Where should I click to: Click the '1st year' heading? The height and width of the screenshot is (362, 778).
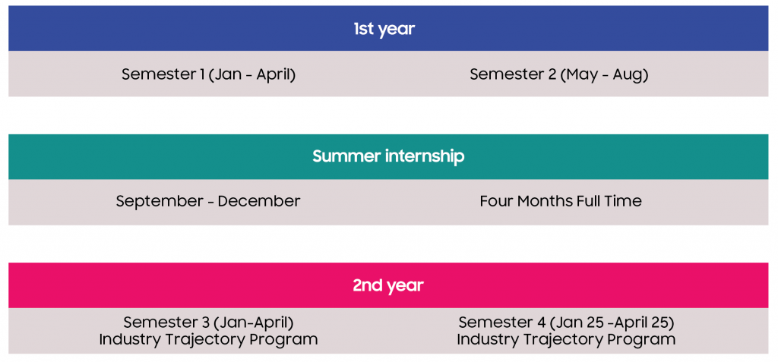tap(384, 30)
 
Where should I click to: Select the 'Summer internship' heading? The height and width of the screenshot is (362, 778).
tap(388, 156)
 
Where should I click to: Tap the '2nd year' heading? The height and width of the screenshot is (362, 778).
tap(388, 285)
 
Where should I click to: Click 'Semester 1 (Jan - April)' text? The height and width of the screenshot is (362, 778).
tap(208, 74)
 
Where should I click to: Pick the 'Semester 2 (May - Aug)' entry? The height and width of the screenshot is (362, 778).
tap(559, 74)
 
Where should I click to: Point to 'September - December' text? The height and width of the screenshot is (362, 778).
tap(208, 201)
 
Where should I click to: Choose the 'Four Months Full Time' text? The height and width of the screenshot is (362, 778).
tap(561, 201)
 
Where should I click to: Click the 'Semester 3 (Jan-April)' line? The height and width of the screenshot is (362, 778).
tap(208, 323)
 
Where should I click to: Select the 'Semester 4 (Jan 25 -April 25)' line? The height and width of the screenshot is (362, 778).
tap(566, 323)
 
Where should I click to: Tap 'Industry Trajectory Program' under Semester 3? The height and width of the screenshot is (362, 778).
tap(208, 340)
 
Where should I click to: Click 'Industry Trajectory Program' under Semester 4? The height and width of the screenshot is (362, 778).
tap(566, 340)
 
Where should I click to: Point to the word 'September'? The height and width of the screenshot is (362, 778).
tap(160, 202)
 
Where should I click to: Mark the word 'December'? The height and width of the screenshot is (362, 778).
tap(259, 201)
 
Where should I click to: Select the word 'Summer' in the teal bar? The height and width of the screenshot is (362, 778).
tap(346, 156)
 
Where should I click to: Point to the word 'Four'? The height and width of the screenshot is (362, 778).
tap(497, 201)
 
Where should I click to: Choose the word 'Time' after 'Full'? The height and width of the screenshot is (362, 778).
tap(624, 201)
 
